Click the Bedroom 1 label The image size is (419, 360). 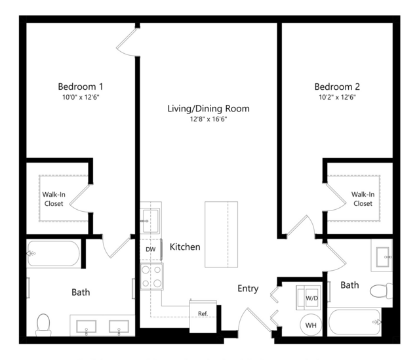click(81, 87)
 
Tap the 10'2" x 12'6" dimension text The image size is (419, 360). click(337, 97)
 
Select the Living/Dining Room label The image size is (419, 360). click(209, 108)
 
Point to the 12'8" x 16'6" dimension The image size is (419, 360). click(209, 119)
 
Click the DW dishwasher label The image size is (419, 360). click(150, 250)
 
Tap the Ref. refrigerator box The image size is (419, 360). click(203, 317)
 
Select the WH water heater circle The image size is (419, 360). click(311, 325)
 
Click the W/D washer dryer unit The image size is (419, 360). click(308, 298)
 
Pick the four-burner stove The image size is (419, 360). click(151, 276)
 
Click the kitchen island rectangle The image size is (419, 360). click(221, 234)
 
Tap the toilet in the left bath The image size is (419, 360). click(43, 325)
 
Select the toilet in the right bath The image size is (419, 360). click(381, 291)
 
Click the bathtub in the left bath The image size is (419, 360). click(54, 254)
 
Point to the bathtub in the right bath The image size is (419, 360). click(354, 322)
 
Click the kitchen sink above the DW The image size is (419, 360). click(151, 221)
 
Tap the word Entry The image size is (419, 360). click(248, 289)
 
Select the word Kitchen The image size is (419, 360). click(185, 247)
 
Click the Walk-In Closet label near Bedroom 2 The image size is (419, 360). click(363, 199)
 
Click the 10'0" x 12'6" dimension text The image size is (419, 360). click(81, 97)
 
